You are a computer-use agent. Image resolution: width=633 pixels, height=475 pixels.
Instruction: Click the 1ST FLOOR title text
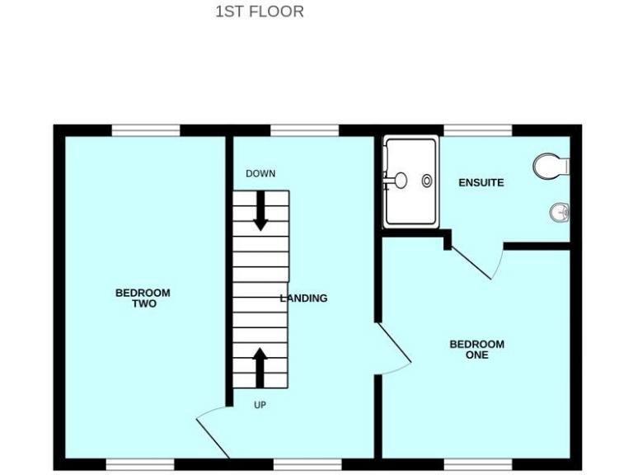click(259, 12)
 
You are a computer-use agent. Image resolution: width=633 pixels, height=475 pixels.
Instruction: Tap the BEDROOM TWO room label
click(143, 298)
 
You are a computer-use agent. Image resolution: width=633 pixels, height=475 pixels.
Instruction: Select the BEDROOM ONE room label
click(476, 350)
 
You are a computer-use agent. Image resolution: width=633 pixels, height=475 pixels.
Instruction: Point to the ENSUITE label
click(481, 182)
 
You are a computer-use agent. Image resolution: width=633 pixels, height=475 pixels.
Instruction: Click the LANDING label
click(304, 298)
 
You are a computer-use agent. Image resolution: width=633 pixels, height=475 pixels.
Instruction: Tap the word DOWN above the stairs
click(260, 174)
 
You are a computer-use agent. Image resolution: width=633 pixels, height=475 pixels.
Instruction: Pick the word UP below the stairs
click(260, 405)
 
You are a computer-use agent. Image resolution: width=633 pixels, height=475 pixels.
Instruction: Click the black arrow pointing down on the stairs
click(260, 210)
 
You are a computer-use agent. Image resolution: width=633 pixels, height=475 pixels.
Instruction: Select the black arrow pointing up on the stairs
click(260, 367)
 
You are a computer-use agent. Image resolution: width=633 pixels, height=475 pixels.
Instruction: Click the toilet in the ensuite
click(550, 166)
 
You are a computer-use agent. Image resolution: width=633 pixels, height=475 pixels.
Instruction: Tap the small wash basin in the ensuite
click(560, 213)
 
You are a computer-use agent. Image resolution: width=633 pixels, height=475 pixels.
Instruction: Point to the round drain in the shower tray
click(427, 180)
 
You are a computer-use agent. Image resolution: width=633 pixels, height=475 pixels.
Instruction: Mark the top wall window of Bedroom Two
click(146, 129)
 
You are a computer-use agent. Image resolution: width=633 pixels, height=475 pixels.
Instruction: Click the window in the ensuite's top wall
click(477, 129)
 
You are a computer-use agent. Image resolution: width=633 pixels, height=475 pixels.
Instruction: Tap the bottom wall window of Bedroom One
click(477, 464)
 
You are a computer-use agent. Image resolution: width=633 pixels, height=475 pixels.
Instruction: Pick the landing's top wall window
click(304, 129)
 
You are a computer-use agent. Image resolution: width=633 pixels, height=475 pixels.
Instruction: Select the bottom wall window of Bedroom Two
click(140, 464)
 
